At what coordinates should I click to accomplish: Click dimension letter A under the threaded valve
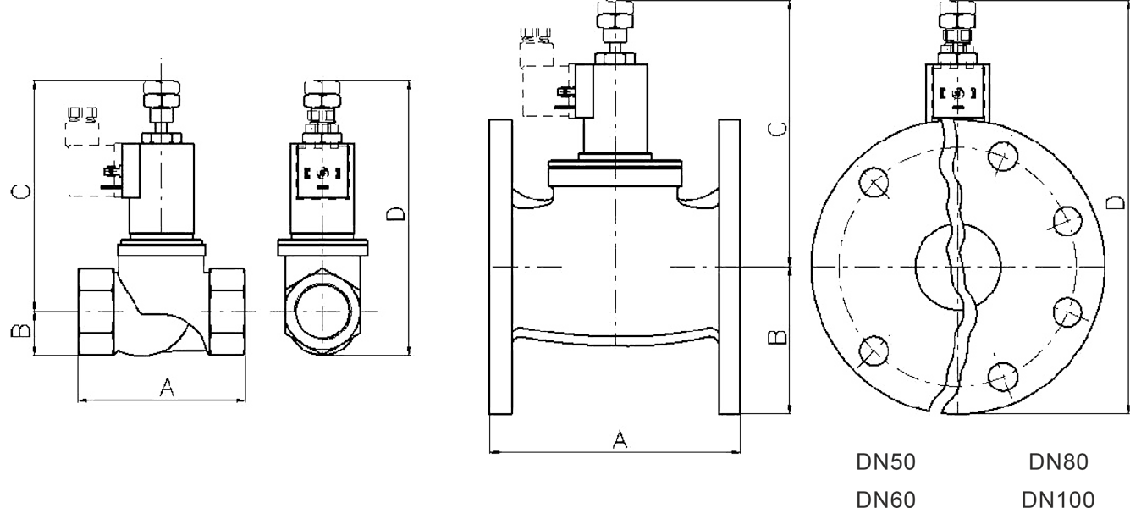coord(167,388)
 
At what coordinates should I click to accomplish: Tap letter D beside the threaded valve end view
coord(395,213)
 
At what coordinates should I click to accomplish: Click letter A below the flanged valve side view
coord(620,439)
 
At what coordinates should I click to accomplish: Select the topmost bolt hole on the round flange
coord(1001,155)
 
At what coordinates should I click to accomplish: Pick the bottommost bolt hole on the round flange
coord(1001,375)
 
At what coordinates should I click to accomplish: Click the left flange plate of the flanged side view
coord(501,266)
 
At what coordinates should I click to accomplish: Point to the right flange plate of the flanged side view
coord(730,266)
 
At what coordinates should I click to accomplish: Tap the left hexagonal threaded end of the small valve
coord(96,312)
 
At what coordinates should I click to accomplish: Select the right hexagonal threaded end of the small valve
coord(227,312)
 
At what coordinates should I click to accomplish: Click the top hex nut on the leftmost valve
coord(161,90)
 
